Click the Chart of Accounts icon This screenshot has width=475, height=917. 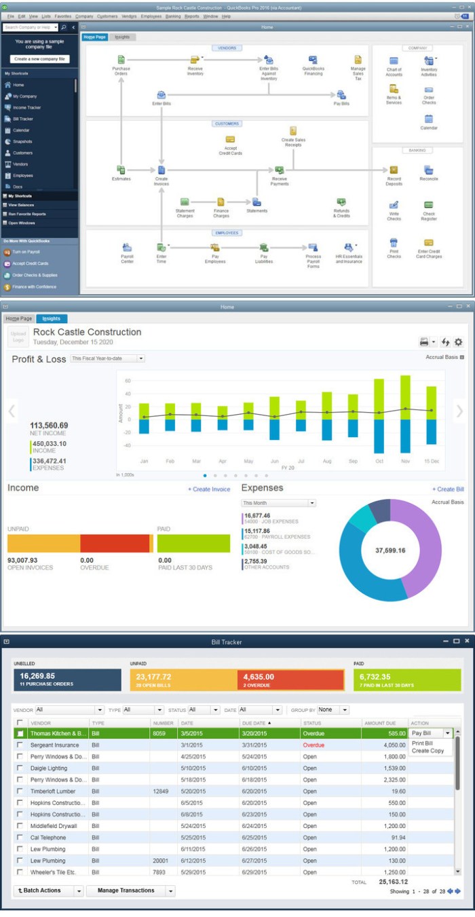click(x=394, y=62)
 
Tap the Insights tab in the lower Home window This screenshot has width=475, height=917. click(x=51, y=318)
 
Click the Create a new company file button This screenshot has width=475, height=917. click(x=39, y=59)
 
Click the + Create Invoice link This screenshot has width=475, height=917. click(x=208, y=489)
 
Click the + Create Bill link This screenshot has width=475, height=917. click(x=448, y=489)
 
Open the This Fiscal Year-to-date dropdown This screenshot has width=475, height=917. click(x=107, y=358)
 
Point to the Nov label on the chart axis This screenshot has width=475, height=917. click(x=404, y=461)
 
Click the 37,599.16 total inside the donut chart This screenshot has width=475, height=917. click(x=389, y=550)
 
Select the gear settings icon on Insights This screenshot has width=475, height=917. click(x=458, y=342)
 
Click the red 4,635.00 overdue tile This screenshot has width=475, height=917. click(x=290, y=680)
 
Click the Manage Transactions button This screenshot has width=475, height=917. click(x=126, y=891)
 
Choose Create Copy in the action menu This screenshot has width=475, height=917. click(x=427, y=751)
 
